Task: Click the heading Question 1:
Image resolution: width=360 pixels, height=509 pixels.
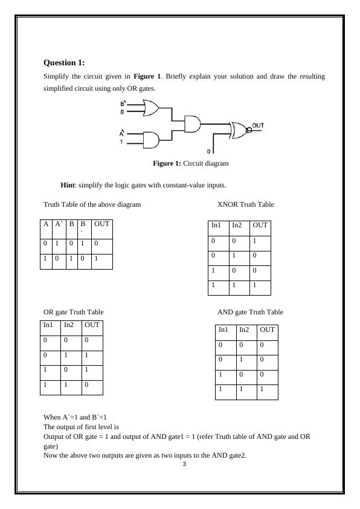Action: click(64, 63)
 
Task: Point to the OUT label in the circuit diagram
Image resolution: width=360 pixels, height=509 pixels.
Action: click(258, 125)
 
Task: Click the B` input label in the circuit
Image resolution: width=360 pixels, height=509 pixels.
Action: click(123, 103)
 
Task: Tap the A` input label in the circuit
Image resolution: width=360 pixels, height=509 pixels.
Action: click(122, 133)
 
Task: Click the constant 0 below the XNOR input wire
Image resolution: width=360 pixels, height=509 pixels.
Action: click(208, 152)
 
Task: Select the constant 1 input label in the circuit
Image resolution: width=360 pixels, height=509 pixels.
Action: click(121, 142)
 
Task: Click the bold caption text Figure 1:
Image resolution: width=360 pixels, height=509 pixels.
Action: click(167, 163)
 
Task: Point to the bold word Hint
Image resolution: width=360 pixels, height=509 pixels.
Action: click(68, 185)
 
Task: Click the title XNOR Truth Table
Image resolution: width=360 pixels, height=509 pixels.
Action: click(246, 204)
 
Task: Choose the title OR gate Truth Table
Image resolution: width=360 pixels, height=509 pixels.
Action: click(73, 312)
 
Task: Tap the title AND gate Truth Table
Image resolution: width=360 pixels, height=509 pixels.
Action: click(251, 312)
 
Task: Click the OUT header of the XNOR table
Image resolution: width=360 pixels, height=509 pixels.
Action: click(260, 225)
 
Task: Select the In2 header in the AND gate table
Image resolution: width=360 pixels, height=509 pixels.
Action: click(244, 329)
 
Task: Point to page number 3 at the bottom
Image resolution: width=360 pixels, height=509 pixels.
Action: click(184, 464)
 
